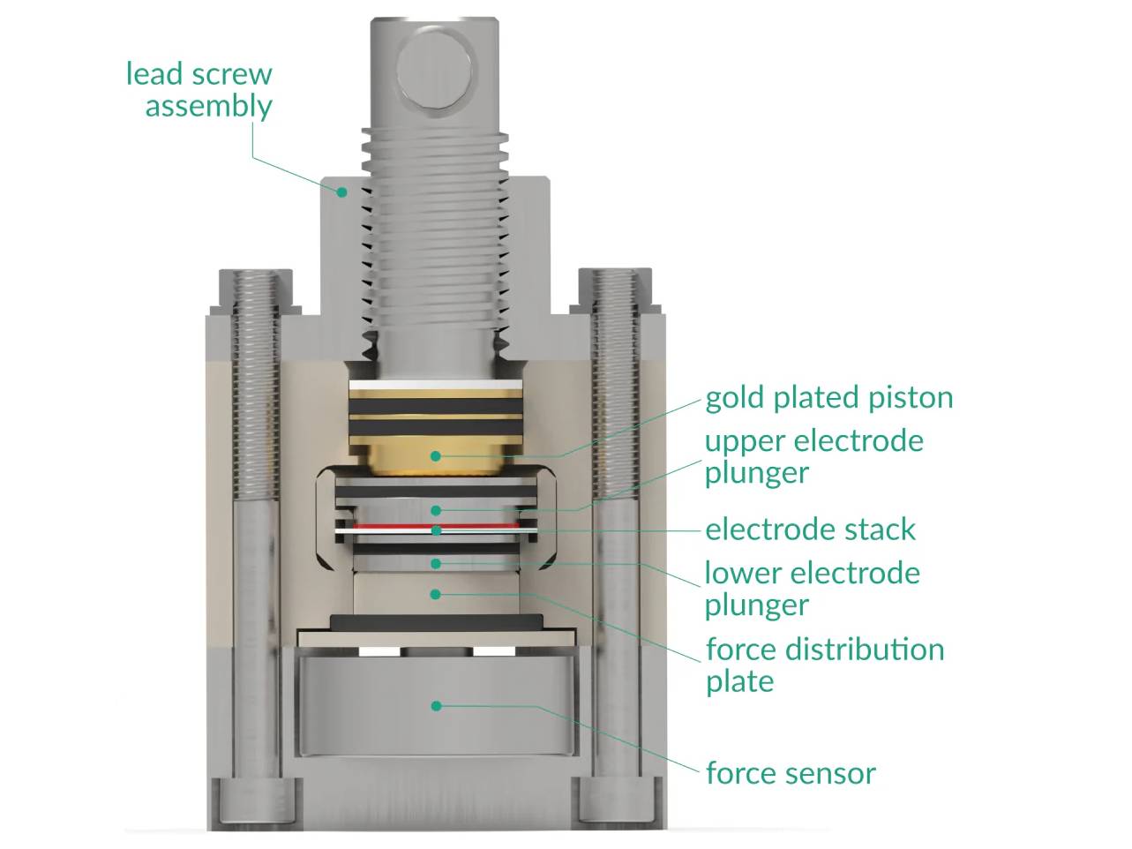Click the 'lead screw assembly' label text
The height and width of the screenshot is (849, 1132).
199,89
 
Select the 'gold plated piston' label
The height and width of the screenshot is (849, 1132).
828,397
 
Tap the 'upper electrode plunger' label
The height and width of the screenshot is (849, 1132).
813,456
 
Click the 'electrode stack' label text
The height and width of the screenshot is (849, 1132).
810,530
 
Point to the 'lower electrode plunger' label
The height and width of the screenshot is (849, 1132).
811,589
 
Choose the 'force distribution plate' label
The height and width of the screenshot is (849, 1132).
824,665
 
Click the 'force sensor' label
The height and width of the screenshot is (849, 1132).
791,773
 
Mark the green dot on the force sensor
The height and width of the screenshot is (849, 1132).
435,706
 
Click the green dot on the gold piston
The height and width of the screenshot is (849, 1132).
435,455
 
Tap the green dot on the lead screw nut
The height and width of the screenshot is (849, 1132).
341,190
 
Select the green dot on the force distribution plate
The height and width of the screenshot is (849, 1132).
435,594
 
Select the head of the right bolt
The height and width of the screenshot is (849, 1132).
615,799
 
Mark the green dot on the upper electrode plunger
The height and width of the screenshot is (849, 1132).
435,510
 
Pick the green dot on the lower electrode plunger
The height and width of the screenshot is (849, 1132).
435,563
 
